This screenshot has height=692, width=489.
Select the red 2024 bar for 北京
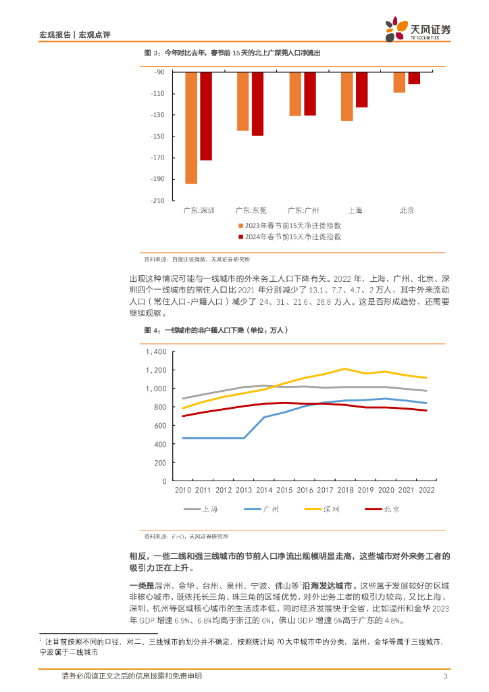[x=414, y=78]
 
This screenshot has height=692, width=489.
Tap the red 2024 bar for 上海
[x=361, y=89]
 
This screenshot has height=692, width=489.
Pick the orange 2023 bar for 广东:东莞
[x=242, y=101]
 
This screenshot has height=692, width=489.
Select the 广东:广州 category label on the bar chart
[x=303, y=210]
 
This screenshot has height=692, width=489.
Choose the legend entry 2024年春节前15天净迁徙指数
[x=292, y=237]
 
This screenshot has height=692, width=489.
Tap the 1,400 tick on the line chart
[x=155, y=352]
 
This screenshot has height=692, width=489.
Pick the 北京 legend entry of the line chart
[x=383, y=509]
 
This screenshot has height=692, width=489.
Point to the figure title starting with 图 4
[x=216, y=330]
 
